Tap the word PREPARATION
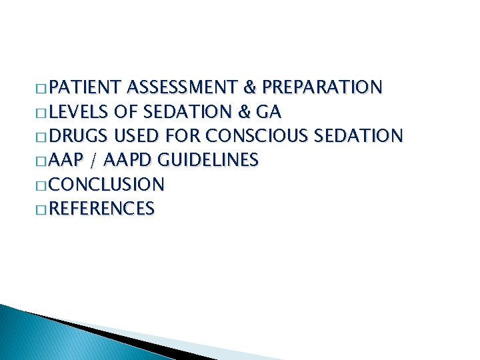[x=322, y=87]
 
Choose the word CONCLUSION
[x=107, y=185]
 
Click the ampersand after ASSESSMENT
[x=251, y=87]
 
